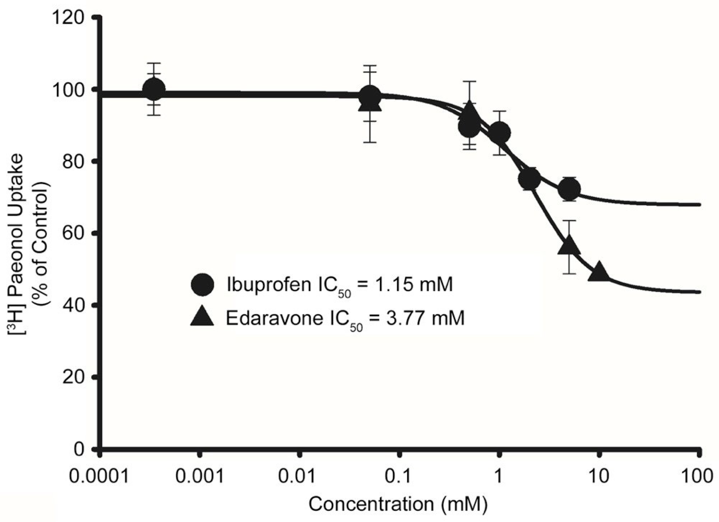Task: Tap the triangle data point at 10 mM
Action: pyautogui.click(x=599, y=272)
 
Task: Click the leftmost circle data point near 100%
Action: pyautogui.click(x=154, y=90)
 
